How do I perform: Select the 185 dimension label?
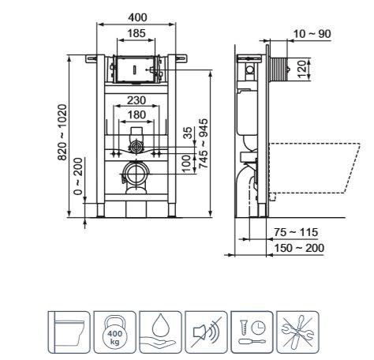136,34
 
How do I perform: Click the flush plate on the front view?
135,69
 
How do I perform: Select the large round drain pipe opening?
137,173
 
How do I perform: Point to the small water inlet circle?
137,147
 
